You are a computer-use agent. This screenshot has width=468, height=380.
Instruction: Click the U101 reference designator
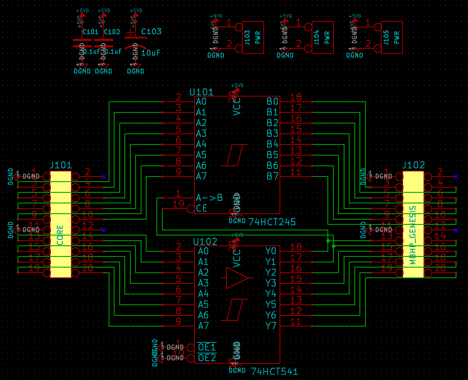201,92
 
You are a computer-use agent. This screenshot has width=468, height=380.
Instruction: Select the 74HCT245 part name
272,222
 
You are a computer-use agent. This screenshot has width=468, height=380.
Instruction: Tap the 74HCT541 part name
274,371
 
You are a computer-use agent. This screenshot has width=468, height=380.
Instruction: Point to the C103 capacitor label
151,32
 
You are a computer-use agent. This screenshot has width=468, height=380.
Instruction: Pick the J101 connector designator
61,165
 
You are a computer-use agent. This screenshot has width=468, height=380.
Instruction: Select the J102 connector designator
414,165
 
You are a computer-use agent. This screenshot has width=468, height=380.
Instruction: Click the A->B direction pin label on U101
209,198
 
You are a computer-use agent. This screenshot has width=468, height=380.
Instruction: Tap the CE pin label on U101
201,209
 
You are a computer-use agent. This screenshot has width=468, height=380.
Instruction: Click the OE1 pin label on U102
207,347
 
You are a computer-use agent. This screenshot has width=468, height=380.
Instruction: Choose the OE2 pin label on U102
207,358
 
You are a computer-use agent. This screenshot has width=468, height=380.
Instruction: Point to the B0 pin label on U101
272,102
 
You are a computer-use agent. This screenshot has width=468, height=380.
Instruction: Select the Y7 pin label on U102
271,326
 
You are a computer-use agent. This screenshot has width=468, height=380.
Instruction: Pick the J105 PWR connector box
391,37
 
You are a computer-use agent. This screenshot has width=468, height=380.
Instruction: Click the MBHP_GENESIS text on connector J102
413,235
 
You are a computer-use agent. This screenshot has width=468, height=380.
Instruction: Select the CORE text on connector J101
60,235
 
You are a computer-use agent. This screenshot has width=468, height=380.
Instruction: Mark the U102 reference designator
205,242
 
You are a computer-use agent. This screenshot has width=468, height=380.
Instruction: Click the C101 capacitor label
90,32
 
